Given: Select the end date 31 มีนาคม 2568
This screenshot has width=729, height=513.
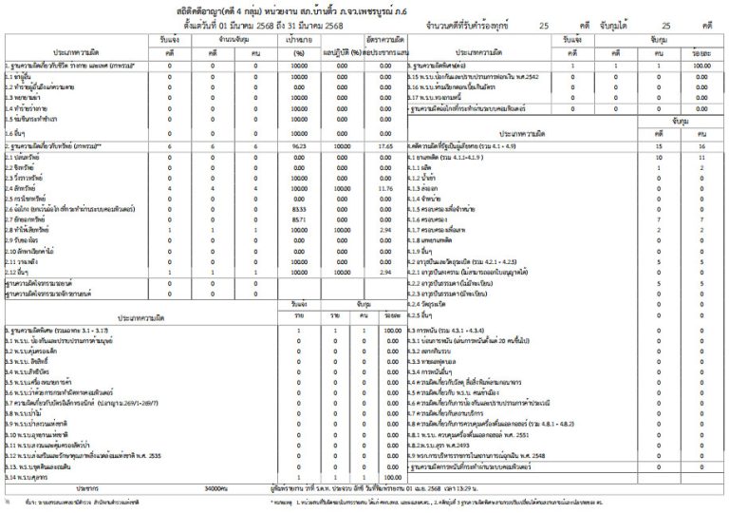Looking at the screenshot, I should [320, 25].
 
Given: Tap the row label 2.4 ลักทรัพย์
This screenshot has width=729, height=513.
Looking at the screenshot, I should [21, 189].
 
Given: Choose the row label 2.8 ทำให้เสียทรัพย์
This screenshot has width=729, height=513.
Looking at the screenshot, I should [28, 231].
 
